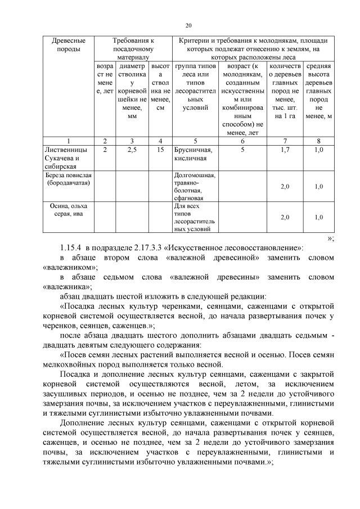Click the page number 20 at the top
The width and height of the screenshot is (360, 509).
pyautogui.click(x=188, y=25)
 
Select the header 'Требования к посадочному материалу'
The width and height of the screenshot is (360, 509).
pyautogui.click(x=133, y=49)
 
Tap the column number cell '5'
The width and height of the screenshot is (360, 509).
pyautogui.click(x=195, y=140)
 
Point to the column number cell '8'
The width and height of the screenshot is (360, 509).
pyautogui.click(x=319, y=140)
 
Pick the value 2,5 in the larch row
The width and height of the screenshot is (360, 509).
pyautogui.click(x=133, y=150)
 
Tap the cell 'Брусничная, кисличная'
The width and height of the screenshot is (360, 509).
pyautogui.click(x=193, y=154)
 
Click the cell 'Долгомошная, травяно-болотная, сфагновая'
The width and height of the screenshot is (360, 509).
pyautogui.click(x=195, y=186)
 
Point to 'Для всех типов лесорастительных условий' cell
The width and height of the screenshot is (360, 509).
pyautogui.click(x=194, y=218)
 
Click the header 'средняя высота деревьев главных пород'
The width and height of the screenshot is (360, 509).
pyautogui.click(x=319, y=91)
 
